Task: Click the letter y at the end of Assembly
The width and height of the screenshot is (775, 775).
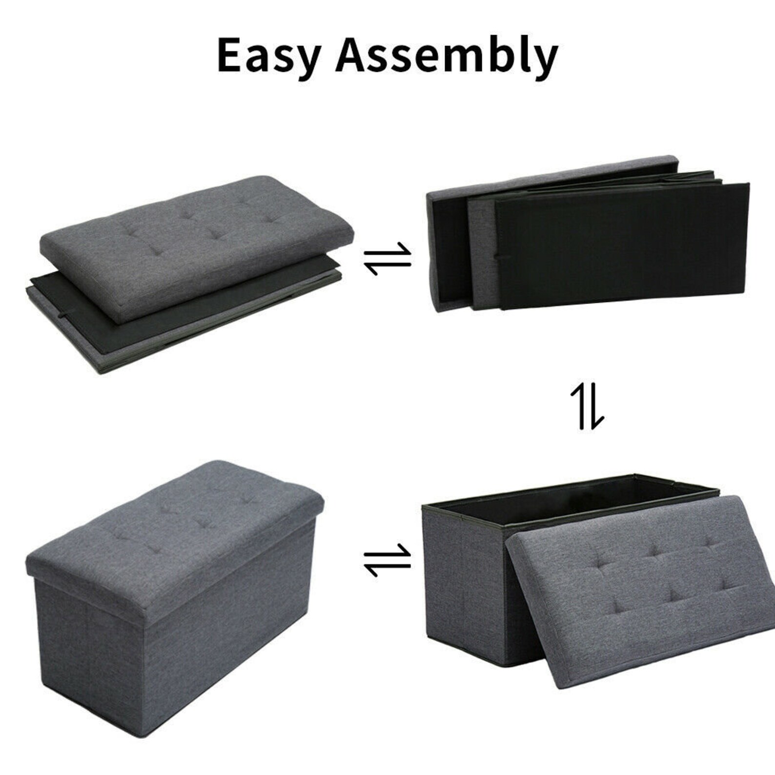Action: click(545, 61)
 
